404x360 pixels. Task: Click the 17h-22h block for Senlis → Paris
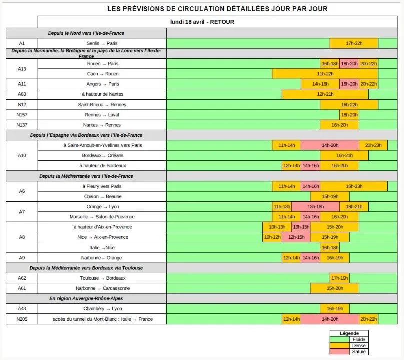[x=354, y=43]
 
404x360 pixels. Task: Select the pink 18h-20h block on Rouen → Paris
[x=349, y=64]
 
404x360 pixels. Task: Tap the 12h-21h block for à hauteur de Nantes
[x=325, y=94]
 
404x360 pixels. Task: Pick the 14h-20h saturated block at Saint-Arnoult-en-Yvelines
[x=330, y=145]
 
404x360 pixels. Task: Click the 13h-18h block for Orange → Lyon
[x=315, y=207]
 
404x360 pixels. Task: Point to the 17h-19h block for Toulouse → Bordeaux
[x=339, y=278]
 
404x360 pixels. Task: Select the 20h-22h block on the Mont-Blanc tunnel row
[x=368, y=319]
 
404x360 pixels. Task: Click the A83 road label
[x=22, y=94]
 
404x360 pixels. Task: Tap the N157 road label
[x=22, y=115]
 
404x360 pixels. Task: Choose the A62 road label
[x=22, y=278]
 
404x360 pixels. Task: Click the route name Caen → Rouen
[x=102, y=74]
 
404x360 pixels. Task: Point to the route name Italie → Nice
[x=102, y=248]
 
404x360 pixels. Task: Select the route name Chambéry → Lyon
[x=102, y=309]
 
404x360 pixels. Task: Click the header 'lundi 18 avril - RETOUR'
[x=202, y=22]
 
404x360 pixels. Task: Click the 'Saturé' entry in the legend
[x=359, y=352]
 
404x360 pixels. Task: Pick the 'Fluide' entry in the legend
[x=359, y=339]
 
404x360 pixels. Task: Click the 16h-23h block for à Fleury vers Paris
[x=354, y=186]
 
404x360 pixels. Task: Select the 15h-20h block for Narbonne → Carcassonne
[x=334, y=288]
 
